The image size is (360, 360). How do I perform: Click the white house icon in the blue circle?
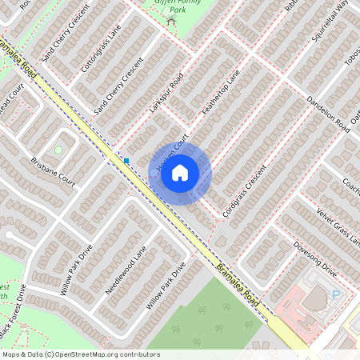[180, 172]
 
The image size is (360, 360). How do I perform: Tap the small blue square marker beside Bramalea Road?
[126, 161]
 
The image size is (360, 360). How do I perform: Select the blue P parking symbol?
[336, 295]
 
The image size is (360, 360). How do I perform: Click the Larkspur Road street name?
[166, 93]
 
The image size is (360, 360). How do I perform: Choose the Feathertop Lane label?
[222, 94]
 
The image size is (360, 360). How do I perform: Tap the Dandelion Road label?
[328, 114]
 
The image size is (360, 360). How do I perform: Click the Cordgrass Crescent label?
[245, 194]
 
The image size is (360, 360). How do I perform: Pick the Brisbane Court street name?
[53, 171]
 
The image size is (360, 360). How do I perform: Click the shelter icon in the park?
[170, 19]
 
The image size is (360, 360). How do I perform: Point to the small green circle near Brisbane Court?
[58, 150]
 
